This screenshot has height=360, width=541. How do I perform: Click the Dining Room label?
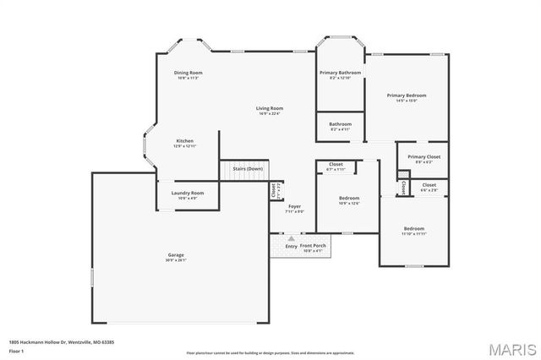click(x=189, y=73)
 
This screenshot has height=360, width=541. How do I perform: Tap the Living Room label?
click(x=270, y=108)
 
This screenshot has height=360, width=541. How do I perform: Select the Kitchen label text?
click(x=185, y=140)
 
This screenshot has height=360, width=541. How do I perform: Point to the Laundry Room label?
click(x=188, y=193)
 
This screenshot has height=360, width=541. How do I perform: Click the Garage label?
click(x=176, y=254)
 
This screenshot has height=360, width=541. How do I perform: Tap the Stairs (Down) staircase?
click(x=244, y=169)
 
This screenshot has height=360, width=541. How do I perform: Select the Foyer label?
click(x=294, y=206)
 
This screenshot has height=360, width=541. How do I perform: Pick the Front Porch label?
click(x=314, y=246)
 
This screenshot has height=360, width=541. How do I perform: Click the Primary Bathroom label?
click(x=340, y=73)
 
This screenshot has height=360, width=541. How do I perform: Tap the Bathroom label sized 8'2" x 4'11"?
click(x=340, y=124)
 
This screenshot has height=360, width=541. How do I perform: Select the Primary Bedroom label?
click(x=407, y=95)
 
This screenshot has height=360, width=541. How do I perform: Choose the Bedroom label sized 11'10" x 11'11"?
click(x=413, y=228)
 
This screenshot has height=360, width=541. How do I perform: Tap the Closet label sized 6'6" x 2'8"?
click(x=429, y=184)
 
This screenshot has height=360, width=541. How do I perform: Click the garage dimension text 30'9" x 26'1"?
click(x=176, y=260)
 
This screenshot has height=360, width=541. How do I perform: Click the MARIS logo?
click(x=509, y=347)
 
